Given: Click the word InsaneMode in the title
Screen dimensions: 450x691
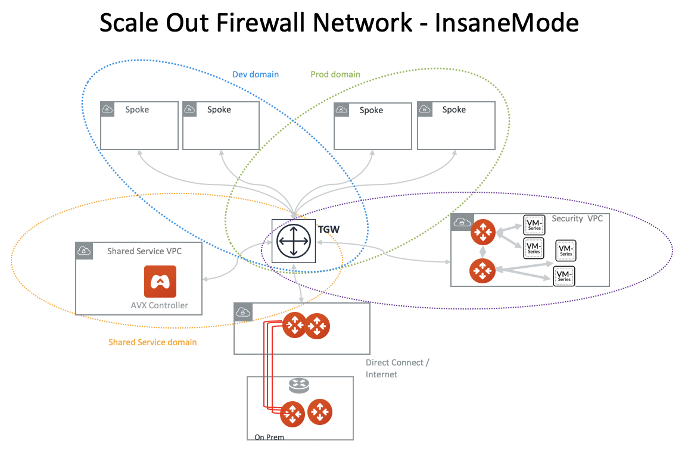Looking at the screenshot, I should (506, 23).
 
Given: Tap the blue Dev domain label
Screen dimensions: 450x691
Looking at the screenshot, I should (255, 75).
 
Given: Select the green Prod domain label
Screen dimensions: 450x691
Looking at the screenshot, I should (335, 75).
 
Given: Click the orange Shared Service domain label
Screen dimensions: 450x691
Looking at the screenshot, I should (152, 342).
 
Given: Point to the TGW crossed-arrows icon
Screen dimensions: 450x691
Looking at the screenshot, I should (292, 241).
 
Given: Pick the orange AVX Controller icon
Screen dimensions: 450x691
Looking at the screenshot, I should (160, 281).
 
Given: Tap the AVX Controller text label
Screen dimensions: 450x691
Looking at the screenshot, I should (159, 305).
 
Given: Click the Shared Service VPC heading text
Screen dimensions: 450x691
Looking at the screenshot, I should (144, 251).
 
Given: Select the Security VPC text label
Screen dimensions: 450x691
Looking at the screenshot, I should (577, 218).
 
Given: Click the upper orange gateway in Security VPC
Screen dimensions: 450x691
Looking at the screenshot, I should (483, 232).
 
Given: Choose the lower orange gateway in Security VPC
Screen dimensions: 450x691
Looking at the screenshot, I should (483, 271).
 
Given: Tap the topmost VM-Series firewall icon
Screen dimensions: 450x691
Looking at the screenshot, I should (534, 224).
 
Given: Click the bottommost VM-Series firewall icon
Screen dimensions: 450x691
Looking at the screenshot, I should (564, 276).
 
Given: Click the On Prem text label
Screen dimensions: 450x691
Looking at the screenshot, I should (269, 437).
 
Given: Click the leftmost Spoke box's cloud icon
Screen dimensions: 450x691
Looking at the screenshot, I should (107, 109).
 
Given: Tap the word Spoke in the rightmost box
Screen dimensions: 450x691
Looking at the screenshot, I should (454, 110).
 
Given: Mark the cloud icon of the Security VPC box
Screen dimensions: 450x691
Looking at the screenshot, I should (460, 222).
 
